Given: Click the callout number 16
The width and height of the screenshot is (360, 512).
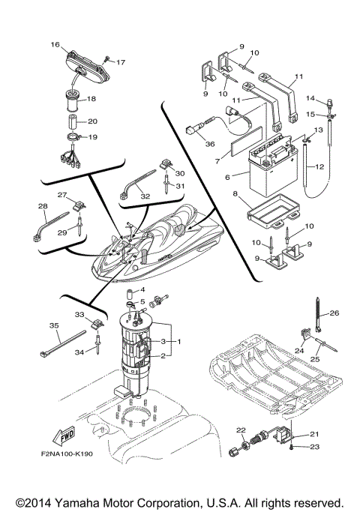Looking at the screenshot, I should coord(55,46).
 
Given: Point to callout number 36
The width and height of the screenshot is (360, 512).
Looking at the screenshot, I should coord(210,145).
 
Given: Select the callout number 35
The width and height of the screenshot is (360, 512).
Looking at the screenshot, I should coord(53,326).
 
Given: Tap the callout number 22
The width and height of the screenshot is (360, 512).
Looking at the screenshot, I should coord(241,430).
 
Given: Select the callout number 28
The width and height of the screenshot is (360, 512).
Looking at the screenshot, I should coord(42,205).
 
